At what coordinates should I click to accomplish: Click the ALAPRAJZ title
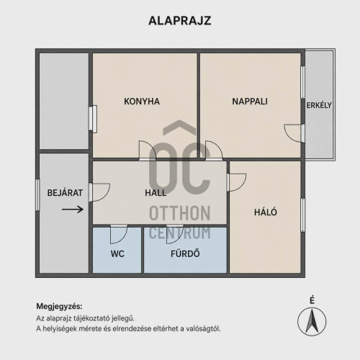tap(180, 21)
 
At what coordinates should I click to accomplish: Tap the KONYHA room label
tap(142, 102)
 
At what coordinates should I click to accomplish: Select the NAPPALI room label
tap(250, 102)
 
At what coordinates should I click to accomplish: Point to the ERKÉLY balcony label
tap(319, 105)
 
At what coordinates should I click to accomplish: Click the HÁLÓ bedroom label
tap(266, 212)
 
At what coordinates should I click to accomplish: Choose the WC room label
tap(117, 254)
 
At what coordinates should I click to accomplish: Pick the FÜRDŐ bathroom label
tap(185, 253)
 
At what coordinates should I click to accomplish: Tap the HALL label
tap(156, 193)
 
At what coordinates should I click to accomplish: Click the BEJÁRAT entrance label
tap(65, 193)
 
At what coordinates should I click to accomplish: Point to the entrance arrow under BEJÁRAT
tap(73, 210)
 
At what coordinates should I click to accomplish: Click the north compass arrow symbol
tap(312, 321)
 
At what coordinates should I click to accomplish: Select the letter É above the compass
tap(312, 300)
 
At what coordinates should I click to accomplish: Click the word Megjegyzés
tap(59, 307)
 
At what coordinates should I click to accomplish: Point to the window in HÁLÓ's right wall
tap(303, 215)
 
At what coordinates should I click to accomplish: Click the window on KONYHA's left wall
tap(93, 119)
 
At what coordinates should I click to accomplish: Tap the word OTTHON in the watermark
tap(180, 213)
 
